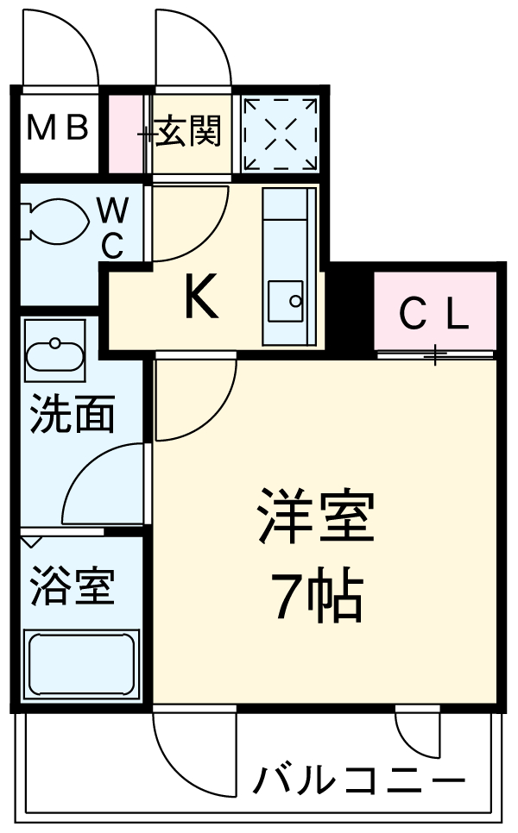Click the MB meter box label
pos(57,129)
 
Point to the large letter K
pos(200,299)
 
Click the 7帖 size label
pos(316,597)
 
